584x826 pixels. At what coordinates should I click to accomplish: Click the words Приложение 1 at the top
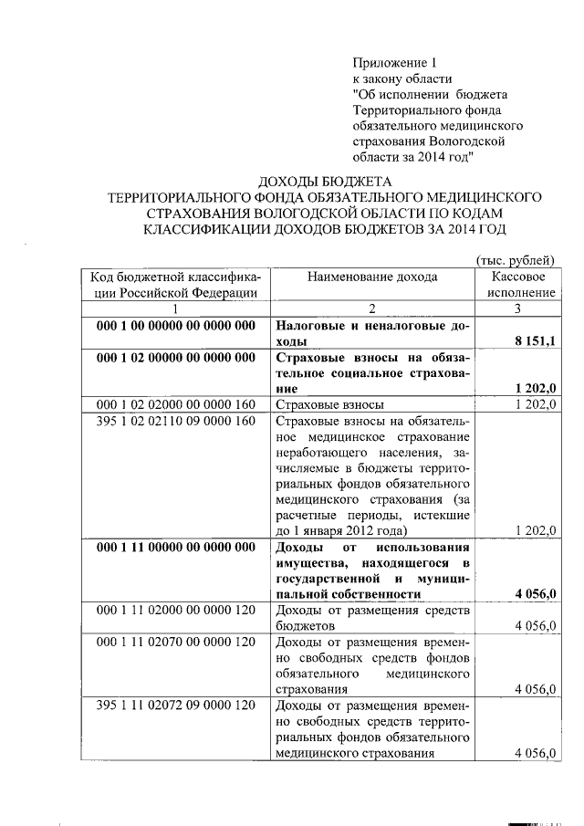395,63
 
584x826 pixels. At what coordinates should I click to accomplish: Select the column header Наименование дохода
372,277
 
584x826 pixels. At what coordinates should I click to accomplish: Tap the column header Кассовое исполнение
517,284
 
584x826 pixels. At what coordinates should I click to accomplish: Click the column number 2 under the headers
372,309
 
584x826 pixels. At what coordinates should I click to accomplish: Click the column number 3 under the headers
517,309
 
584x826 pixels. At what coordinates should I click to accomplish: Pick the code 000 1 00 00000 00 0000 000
176,326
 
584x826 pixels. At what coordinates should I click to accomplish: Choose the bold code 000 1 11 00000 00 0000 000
176,547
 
